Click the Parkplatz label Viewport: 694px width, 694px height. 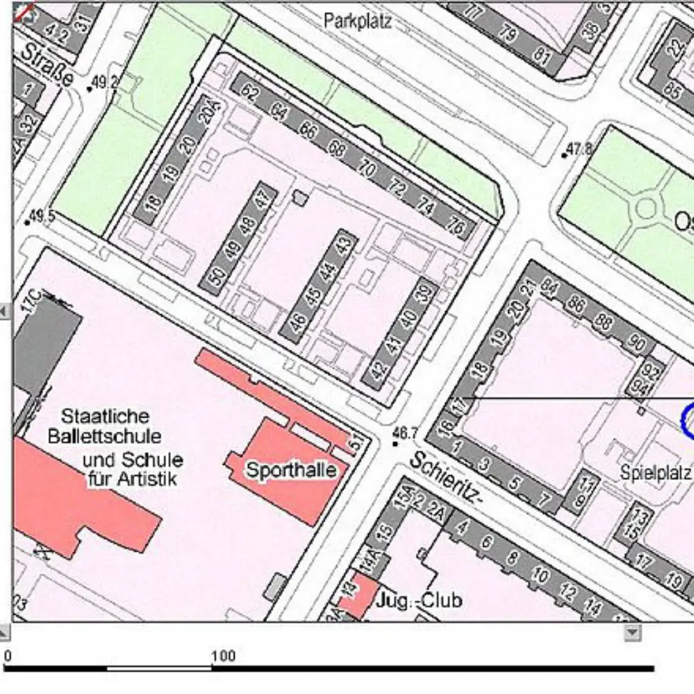pos(357,21)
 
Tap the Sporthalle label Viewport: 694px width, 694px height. pos(291,470)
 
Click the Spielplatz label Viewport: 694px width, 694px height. pos(655,472)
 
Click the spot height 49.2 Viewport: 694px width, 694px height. pos(104,83)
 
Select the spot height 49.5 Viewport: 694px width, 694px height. pos(42,216)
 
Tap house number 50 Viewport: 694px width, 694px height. pos(216,279)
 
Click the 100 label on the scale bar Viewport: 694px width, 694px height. pos(223,655)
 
